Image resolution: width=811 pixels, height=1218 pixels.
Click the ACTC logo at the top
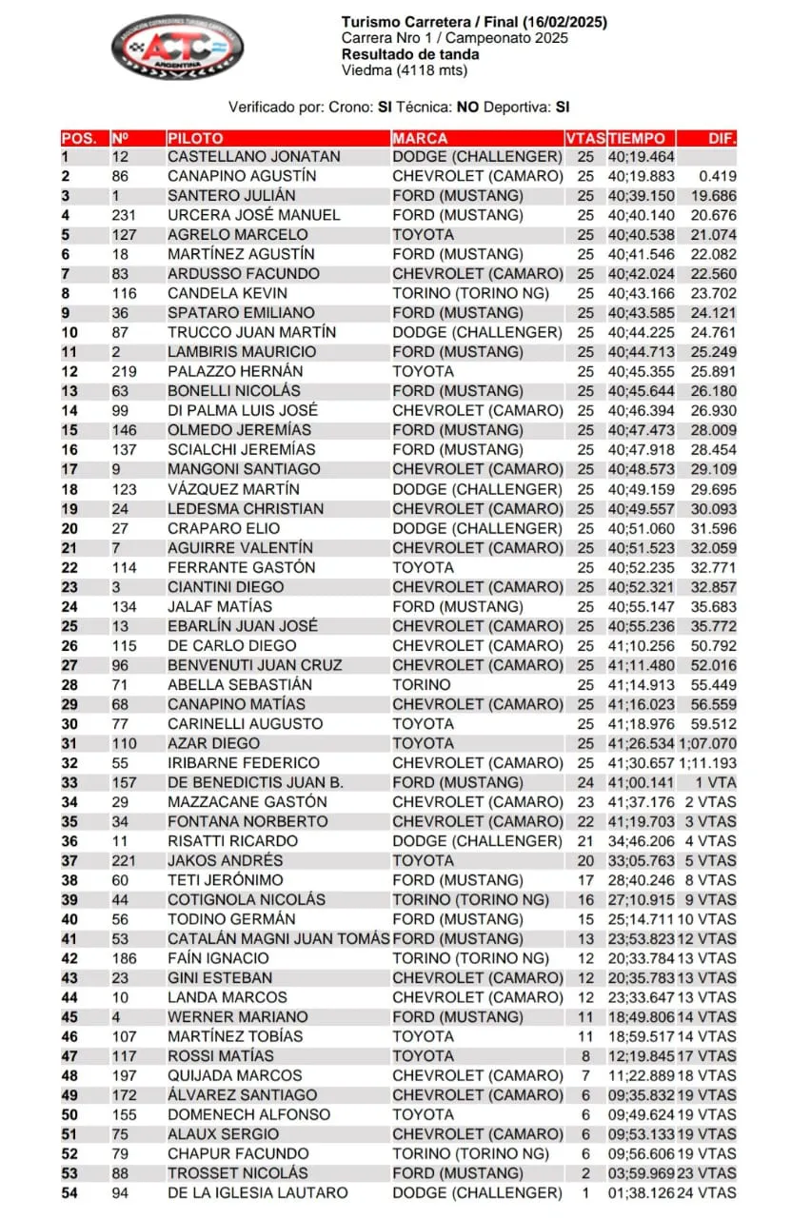click(x=177, y=47)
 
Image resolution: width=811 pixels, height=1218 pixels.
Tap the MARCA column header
click(x=420, y=138)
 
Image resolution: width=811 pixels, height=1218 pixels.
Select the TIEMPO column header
click(x=638, y=138)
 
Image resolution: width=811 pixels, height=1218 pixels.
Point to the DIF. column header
click(x=722, y=138)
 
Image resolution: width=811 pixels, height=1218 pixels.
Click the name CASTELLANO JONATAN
click(x=253, y=157)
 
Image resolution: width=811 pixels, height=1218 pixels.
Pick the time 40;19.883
click(x=642, y=176)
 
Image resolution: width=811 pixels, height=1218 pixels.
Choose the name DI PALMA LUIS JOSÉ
click(x=243, y=411)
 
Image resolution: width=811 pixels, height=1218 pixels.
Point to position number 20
click(x=70, y=528)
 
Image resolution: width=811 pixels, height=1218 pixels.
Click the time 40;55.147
click(x=642, y=606)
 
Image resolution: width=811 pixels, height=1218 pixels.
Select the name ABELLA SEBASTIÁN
click(x=239, y=684)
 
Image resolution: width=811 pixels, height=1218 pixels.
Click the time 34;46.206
click(x=642, y=841)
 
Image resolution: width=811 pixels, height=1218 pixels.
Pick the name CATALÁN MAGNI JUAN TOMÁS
click(x=279, y=939)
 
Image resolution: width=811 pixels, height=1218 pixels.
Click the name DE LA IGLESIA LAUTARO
click(x=258, y=1192)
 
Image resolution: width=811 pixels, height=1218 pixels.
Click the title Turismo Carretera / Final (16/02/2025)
click(x=474, y=22)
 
